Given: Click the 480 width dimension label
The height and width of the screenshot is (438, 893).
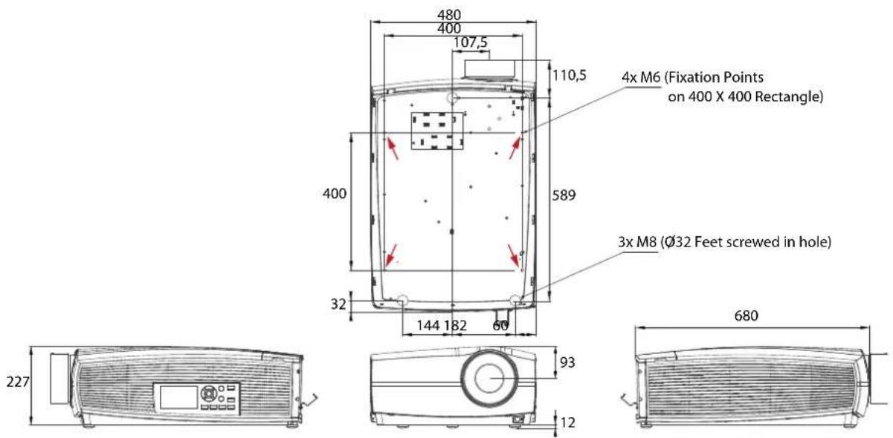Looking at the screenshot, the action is tap(449, 15).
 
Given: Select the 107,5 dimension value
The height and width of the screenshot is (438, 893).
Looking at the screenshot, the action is tap(471, 42).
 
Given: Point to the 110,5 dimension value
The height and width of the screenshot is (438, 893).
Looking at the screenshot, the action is tap(569, 75).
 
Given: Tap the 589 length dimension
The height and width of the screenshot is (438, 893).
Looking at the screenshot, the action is tap(564, 195).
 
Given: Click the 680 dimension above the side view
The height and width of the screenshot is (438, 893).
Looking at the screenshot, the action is tap(746, 316).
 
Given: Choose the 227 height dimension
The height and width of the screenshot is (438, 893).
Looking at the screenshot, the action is tap(18, 382).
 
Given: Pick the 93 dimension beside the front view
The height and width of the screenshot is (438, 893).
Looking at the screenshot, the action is tap(567, 362).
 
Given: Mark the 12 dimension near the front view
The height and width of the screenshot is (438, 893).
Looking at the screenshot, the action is tap(567, 422).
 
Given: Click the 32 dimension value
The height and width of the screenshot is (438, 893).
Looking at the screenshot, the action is tap(338, 304).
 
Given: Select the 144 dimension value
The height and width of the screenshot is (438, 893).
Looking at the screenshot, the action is tap(428, 326).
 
